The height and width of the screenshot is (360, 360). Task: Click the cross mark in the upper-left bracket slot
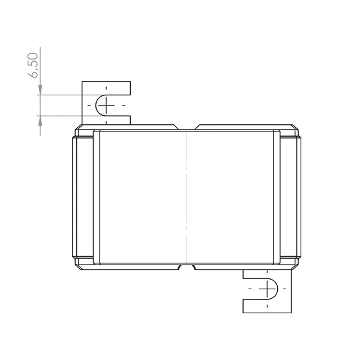(x=106, y=106)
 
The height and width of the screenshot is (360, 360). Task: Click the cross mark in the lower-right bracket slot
(x=266, y=290)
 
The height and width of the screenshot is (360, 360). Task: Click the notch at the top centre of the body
(x=188, y=128)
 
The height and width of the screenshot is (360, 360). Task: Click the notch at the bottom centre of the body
(x=188, y=266)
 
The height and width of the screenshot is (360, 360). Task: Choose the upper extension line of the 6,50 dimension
(x=60, y=94)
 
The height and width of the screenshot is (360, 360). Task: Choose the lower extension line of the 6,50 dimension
(x=60, y=116)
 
